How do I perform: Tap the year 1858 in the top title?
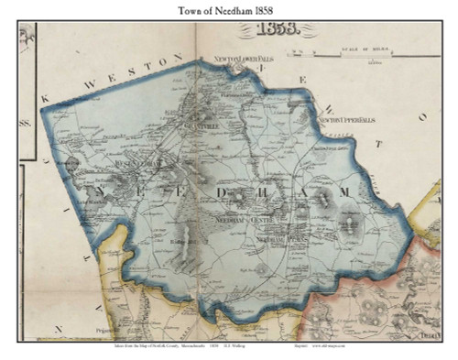point(279,9)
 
